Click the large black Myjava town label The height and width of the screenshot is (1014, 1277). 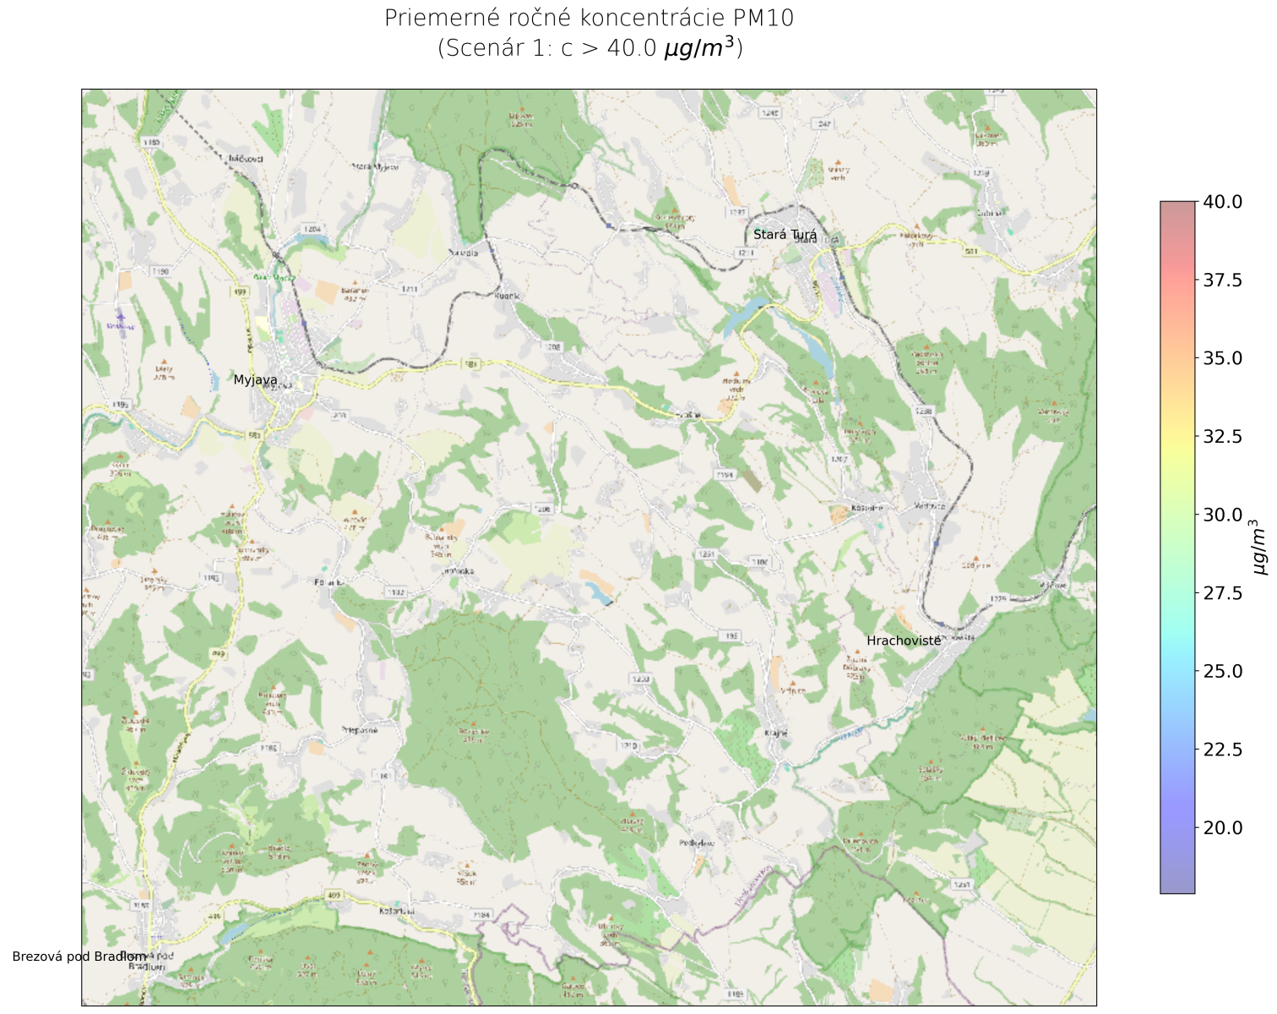[255, 380]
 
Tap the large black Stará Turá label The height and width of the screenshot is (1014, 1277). [785, 235]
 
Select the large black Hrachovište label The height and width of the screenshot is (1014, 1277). [904, 641]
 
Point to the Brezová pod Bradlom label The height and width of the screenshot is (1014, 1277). [79, 957]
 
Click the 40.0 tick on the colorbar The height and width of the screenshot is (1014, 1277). [1222, 202]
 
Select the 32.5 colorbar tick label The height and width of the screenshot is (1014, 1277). [1222, 436]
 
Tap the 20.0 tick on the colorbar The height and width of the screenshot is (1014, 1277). [1222, 828]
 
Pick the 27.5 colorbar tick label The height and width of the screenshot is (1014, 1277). [1222, 593]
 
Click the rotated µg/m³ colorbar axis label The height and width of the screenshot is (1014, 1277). [1259, 547]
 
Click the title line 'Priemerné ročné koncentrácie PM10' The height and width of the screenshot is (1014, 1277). [589, 19]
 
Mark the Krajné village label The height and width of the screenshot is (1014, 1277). [775, 733]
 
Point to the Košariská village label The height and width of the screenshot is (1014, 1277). [397, 911]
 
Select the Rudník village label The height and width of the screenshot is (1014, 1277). [507, 296]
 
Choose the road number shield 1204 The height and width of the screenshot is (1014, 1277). [312, 229]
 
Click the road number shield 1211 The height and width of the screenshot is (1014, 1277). [410, 289]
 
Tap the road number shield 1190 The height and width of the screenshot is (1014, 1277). [160, 271]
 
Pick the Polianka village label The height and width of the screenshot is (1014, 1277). [329, 582]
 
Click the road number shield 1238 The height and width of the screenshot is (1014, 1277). [923, 411]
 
